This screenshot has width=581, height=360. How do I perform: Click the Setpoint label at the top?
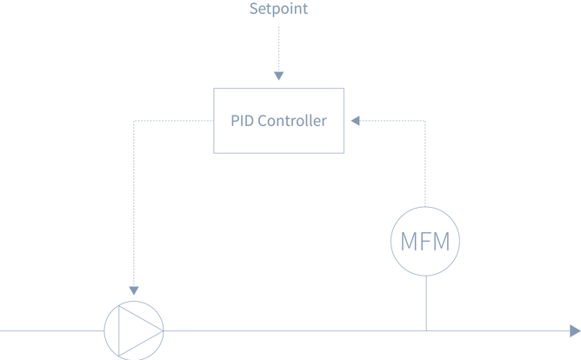coord(278,10)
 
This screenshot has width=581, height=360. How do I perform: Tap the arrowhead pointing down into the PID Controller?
coord(278,77)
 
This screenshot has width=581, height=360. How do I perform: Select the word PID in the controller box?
coord(240,122)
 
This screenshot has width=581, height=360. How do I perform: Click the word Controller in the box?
coord(292,122)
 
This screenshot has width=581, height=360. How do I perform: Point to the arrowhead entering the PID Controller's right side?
coord(355,122)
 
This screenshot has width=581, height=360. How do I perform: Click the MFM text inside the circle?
coord(425,243)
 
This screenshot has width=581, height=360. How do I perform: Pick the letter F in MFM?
coord(426,243)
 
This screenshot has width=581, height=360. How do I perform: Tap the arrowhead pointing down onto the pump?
coord(134,290)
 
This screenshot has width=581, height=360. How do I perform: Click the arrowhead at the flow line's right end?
coord(574,330)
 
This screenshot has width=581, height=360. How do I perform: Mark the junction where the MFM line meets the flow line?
coord(426,330)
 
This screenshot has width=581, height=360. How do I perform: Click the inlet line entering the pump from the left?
coord(52,330)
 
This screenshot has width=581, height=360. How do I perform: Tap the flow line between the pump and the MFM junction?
coord(296,330)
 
